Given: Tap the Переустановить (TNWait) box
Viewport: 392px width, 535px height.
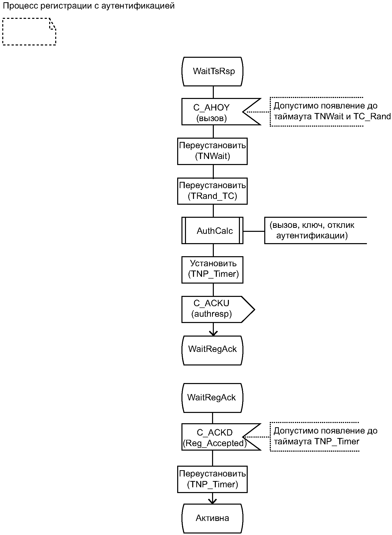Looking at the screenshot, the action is [212, 151].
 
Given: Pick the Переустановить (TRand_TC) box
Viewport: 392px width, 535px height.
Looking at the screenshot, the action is [212, 191].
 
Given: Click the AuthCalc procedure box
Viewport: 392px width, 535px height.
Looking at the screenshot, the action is [212, 231].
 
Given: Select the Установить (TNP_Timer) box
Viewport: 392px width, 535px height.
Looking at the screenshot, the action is [212, 270].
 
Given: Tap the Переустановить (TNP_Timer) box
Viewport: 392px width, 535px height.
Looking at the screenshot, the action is [212, 479].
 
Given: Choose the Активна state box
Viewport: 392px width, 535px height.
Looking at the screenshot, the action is [213, 518].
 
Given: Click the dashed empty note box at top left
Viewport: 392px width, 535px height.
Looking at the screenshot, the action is [29, 32].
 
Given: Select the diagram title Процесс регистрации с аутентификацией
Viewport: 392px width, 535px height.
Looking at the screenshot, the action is [89, 6].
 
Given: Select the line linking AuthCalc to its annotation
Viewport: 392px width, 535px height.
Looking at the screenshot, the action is [254, 231].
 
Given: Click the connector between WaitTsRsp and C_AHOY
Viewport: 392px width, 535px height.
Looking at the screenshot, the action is [213, 92].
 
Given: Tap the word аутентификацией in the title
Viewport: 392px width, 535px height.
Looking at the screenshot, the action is [138, 6].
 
